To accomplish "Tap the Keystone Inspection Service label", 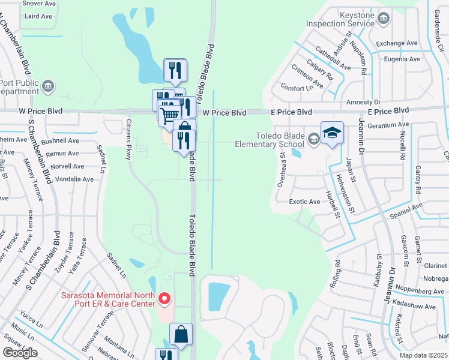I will pyautogui.click(x=340, y=19).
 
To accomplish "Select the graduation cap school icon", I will pyautogui.click(x=332, y=133).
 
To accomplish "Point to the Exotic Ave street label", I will pyautogui.click(x=304, y=202).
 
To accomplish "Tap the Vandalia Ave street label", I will pyautogui.click(x=74, y=179).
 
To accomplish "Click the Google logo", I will pyautogui.click(x=20, y=353).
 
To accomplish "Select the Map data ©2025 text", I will pyautogui.click(x=423, y=355).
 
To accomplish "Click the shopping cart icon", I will pyautogui.click(x=170, y=114).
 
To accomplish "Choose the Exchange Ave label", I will pyautogui.click(x=397, y=44).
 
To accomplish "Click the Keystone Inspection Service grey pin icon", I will pyautogui.click(x=383, y=20).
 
